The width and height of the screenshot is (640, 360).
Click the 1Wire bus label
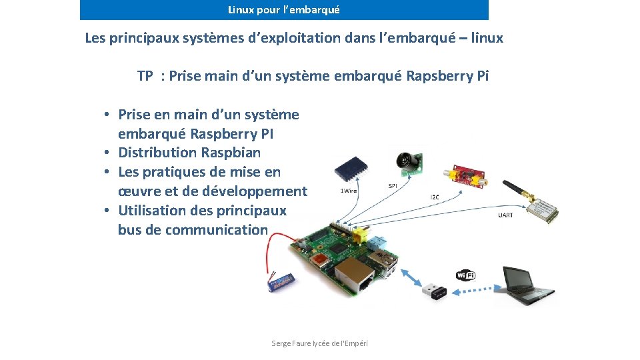coord(349,191)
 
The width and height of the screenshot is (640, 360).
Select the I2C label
coord(435,197)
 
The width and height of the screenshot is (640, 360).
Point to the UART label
coord(505,215)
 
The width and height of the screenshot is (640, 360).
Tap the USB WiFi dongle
coord(434,291)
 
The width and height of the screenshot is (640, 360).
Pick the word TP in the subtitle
coord(145,75)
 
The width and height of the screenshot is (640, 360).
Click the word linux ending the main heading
coord(487,38)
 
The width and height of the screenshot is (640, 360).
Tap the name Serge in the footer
coord(281,343)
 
